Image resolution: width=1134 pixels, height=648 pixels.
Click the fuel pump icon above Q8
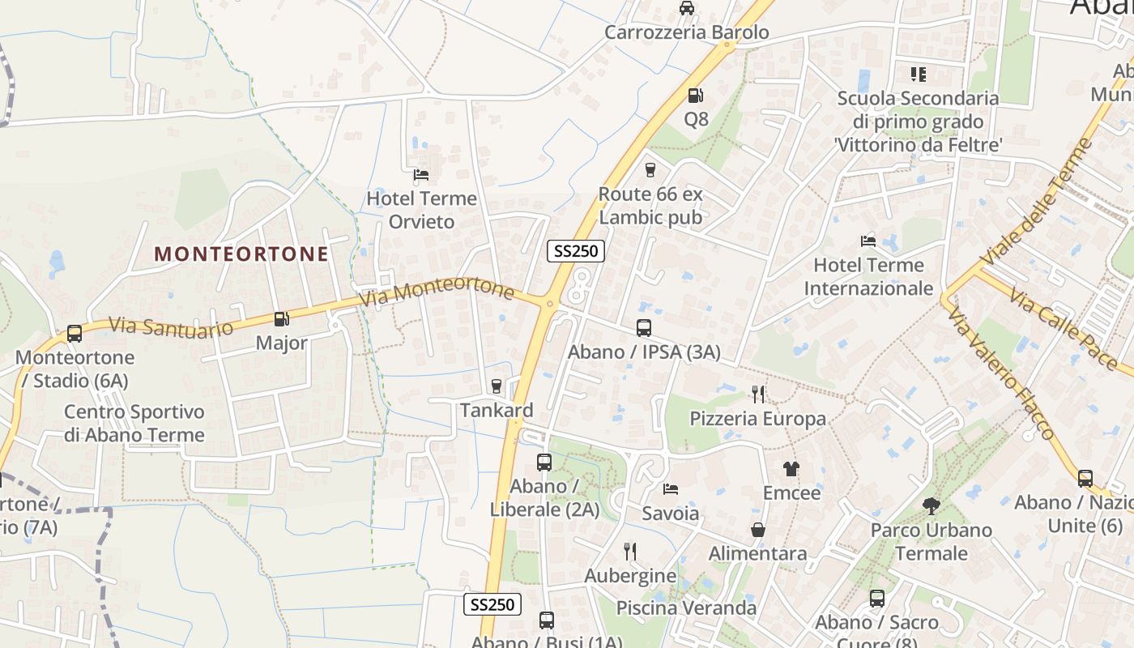(x=695, y=96)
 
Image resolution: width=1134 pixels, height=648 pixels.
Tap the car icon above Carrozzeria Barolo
(x=686, y=8)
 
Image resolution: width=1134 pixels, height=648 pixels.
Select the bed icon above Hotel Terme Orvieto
(x=420, y=174)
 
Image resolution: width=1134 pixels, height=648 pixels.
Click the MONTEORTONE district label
(x=241, y=254)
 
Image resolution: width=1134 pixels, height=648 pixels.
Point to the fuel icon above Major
(x=281, y=319)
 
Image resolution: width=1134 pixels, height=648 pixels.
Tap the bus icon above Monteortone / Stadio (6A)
(x=74, y=333)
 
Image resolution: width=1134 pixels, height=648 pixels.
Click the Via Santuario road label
(x=171, y=326)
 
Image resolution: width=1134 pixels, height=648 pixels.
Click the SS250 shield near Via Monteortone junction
(x=576, y=251)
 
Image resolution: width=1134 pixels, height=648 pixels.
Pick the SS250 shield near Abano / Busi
(x=492, y=604)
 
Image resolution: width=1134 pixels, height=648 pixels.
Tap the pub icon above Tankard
(x=497, y=386)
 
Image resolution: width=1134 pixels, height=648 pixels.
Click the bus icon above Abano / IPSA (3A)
(x=644, y=328)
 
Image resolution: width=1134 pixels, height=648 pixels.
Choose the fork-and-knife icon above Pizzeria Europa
(x=758, y=394)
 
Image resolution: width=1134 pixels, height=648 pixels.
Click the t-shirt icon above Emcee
(x=791, y=469)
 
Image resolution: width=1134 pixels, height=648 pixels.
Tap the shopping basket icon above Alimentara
(x=758, y=530)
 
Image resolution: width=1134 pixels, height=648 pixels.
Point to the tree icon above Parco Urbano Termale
(x=931, y=506)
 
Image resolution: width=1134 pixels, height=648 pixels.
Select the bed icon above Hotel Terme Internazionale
(x=868, y=241)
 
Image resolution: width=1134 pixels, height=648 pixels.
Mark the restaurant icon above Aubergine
(x=630, y=552)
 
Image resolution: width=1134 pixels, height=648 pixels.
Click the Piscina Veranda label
(x=686, y=607)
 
